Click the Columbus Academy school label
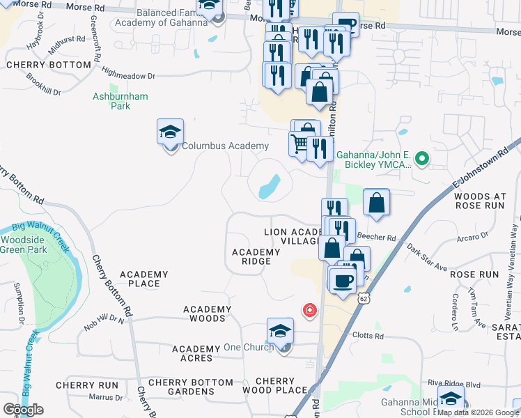click(x=225, y=146)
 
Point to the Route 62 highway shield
click(x=363, y=297)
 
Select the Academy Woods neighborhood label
click(x=207, y=313)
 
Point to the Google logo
click(x=23, y=410)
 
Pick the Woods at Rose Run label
click(x=485, y=201)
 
